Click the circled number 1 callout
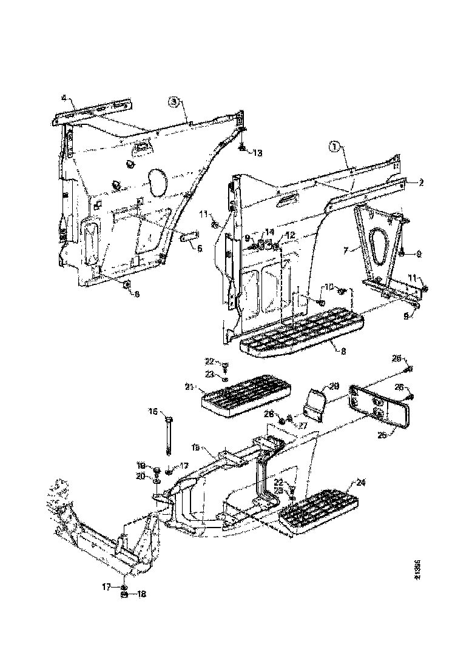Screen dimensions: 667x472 pos(334,146)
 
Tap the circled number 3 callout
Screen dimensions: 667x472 pos(174,102)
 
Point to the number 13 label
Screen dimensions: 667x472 pos(257,152)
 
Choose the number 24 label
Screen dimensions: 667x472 pos(360,483)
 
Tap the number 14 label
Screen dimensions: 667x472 pos(269,232)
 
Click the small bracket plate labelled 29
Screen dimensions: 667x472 pos(316,403)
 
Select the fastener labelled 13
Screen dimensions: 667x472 pos(243,147)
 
